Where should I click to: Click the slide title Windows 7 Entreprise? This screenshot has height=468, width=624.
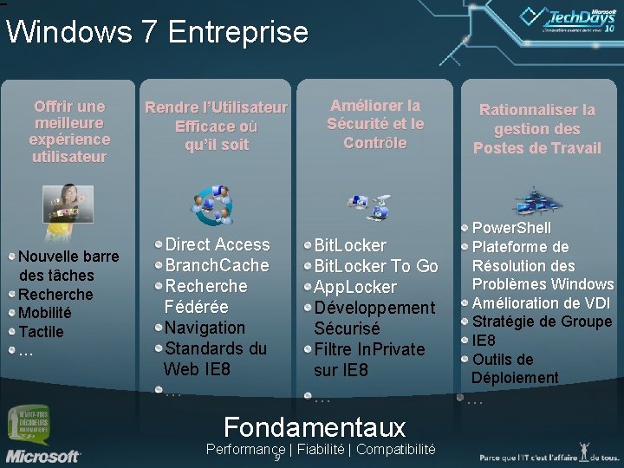[x=157, y=32]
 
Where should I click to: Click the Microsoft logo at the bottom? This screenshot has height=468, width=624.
[x=42, y=454]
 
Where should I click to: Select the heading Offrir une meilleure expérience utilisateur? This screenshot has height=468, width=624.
[x=69, y=131]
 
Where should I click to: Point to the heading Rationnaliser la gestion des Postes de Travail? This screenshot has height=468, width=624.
[x=536, y=129]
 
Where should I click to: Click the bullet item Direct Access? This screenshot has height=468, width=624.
[x=217, y=244]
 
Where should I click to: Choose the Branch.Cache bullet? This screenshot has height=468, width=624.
[x=217, y=265]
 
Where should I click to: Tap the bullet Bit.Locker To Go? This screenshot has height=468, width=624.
[x=375, y=266]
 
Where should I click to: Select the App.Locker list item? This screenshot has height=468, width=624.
[x=355, y=287]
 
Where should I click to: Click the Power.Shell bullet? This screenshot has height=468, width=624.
[x=511, y=228]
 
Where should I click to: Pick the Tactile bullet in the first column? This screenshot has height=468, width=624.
[x=41, y=331]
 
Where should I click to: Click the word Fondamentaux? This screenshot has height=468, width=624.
[x=314, y=426]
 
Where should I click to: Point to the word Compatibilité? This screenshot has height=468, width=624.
[x=395, y=449]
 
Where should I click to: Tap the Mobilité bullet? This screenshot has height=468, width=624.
[x=45, y=313]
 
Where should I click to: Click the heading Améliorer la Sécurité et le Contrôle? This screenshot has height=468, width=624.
[x=375, y=124]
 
